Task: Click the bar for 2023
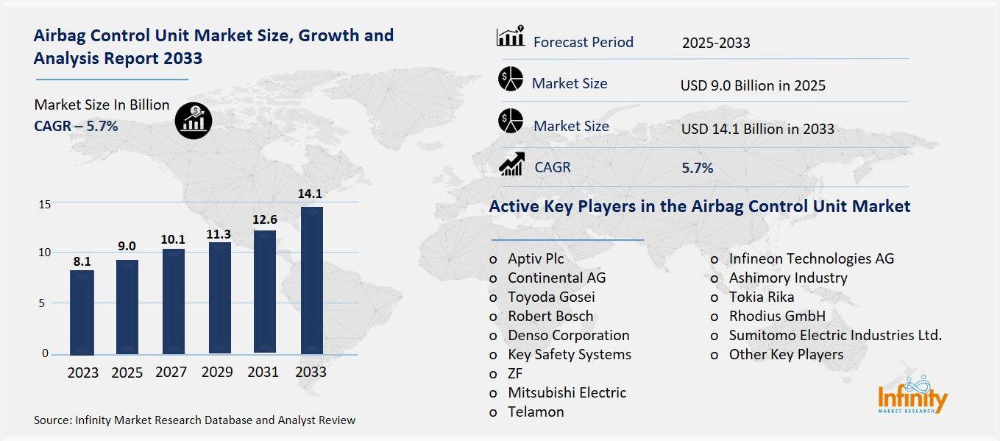point(82,311)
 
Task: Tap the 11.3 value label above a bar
point(219,234)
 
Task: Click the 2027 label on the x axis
point(171,372)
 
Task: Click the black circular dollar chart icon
point(194,120)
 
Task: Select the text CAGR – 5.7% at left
point(76,126)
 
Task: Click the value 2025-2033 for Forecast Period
point(715,43)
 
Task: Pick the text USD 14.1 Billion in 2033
point(757,129)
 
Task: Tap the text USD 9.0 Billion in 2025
point(753,85)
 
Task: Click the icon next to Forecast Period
point(510,36)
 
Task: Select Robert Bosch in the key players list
point(550,316)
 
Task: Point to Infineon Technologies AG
point(811,258)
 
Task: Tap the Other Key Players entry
point(785,354)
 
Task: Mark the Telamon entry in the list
point(535,412)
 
